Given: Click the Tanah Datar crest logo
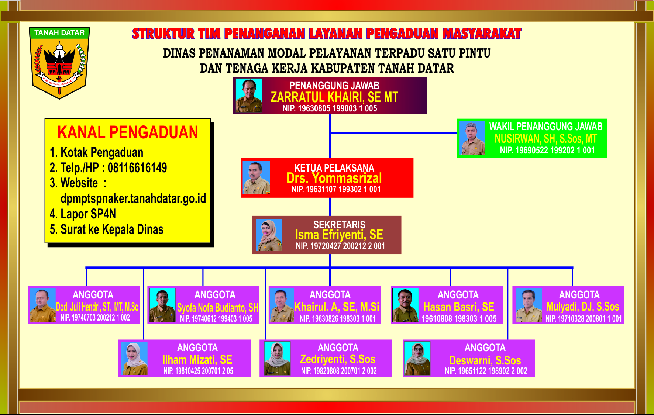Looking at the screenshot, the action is tap(59, 63).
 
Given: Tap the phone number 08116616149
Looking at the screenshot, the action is tap(137, 168).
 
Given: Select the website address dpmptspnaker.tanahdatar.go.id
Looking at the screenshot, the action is tap(133, 198).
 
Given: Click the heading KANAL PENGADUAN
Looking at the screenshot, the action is tap(128, 133).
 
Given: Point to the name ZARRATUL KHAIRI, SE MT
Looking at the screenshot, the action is tap(334, 97).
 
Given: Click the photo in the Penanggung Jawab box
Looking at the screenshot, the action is tap(249, 96).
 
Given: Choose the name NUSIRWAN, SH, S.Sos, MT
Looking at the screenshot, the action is tap(546, 139).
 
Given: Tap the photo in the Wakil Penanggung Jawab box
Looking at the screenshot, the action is tap(473, 138).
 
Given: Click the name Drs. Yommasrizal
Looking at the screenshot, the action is tap(334, 178).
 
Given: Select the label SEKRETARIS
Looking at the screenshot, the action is tap(339, 225).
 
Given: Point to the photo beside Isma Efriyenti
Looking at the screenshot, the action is tap(269, 235).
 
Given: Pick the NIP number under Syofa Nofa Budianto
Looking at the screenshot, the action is tap(216, 319).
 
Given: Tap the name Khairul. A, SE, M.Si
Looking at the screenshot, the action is tap(337, 307).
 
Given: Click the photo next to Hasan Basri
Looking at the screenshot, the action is tap(406, 305).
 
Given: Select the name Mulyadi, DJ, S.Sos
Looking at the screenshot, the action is tap(582, 307).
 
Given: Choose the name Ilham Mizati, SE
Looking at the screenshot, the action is tap(197, 360).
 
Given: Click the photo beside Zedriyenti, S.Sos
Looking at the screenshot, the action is tap(277, 359).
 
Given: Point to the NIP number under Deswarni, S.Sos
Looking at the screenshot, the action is tap(486, 371).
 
